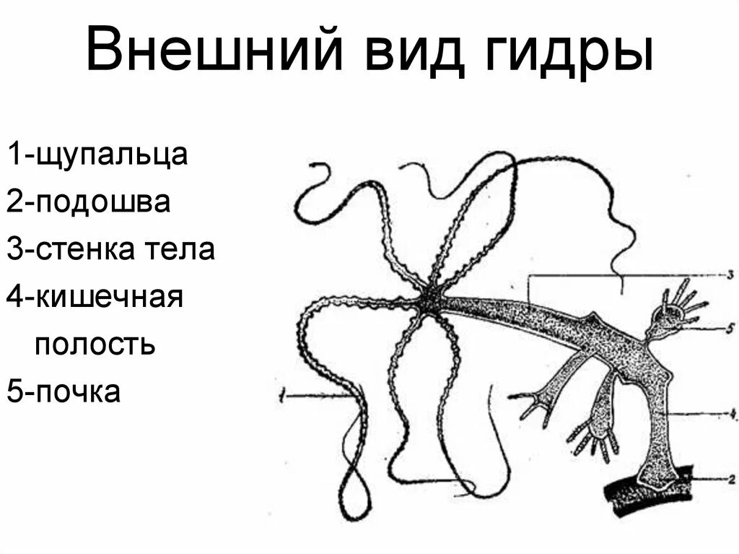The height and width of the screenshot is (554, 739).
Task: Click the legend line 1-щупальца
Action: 98,156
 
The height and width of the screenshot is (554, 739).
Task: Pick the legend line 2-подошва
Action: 89,203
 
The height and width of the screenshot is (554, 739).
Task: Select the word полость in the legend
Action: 95,344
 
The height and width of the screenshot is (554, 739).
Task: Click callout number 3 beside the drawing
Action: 730,274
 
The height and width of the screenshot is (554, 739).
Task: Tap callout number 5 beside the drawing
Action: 730,329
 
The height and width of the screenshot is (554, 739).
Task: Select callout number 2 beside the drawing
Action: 730,477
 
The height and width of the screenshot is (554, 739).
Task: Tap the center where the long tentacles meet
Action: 431,298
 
